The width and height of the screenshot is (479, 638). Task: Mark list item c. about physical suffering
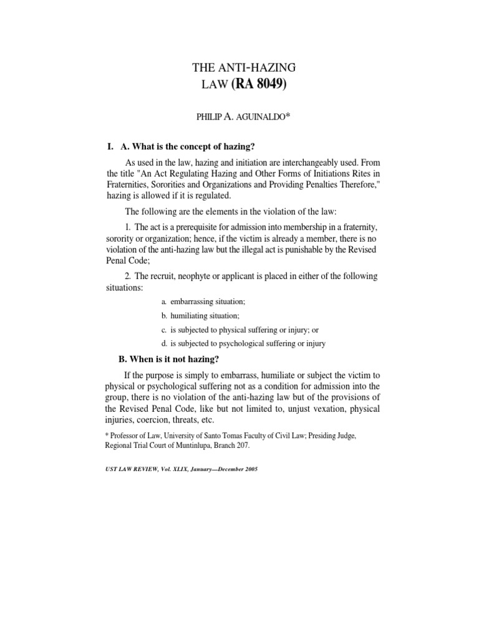pyautogui.click(x=239, y=330)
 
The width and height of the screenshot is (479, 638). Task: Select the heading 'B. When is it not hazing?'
pyautogui.click(x=168, y=359)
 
